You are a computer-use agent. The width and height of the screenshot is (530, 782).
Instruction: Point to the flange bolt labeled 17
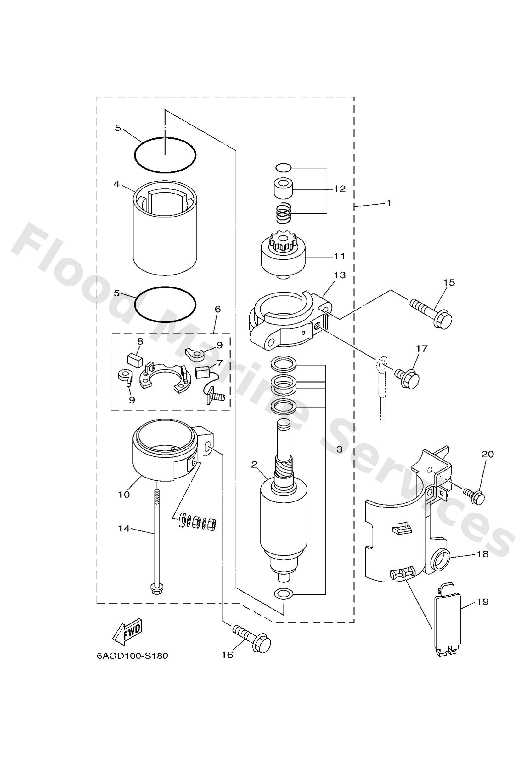pyautogui.click(x=407, y=378)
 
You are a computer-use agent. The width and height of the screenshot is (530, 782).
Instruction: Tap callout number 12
pyautogui.click(x=340, y=189)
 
